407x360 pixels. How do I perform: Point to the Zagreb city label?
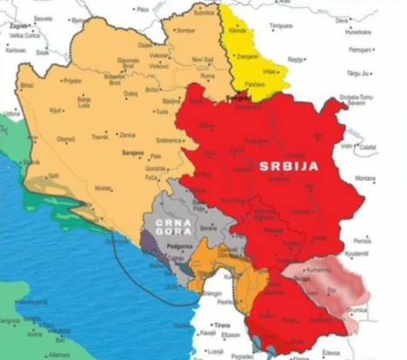click(18, 27)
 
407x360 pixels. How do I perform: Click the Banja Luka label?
click(85, 101)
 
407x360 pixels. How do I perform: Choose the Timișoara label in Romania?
click(281, 26)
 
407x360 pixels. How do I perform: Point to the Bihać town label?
click(27, 86)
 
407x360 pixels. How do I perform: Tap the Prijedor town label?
click(70, 80)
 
